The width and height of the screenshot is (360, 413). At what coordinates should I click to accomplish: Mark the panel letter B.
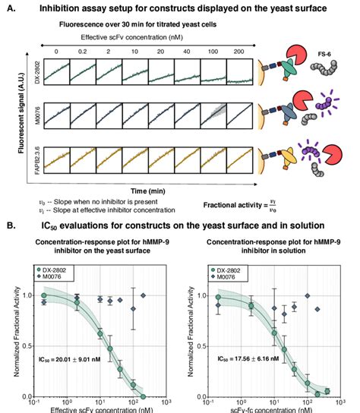pos(14,225)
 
